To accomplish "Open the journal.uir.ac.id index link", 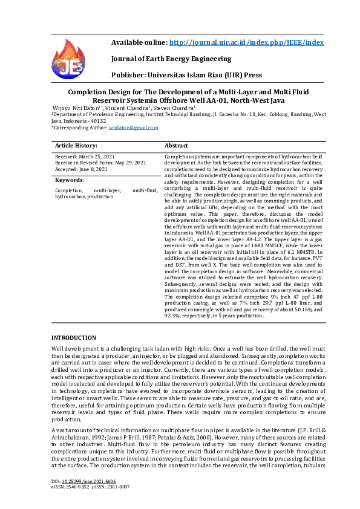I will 246,43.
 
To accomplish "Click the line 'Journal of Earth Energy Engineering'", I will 171,59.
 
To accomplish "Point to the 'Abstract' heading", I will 176,146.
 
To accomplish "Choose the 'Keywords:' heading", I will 70,180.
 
